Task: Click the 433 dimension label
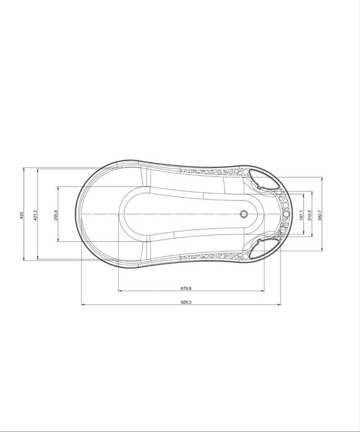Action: click(x=22, y=215)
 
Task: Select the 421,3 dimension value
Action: click(x=35, y=215)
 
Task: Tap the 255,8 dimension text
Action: click(x=56, y=215)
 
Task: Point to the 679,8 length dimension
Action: click(x=186, y=288)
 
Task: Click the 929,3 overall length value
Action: click(x=186, y=302)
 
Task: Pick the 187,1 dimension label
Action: click(x=301, y=215)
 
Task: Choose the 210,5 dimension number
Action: click(x=309, y=215)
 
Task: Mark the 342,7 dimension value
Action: click(x=319, y=215)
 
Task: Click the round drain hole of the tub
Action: click(x=243, y=214)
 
